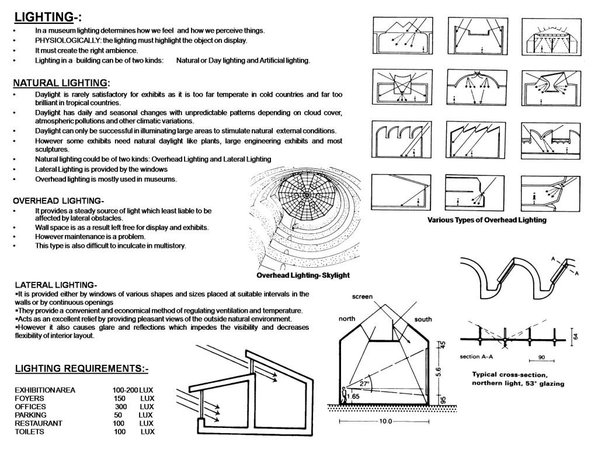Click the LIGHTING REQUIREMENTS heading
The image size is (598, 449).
pos(81,368)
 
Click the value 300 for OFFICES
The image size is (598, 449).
pos(120,406)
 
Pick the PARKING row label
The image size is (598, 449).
pos(32,415)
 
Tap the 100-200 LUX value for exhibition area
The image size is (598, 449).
pos(133,389)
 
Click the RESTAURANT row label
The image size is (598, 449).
pos(39,423)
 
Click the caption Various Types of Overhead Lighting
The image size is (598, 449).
pos(486,220)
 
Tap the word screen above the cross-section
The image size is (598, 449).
pos(362,297)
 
